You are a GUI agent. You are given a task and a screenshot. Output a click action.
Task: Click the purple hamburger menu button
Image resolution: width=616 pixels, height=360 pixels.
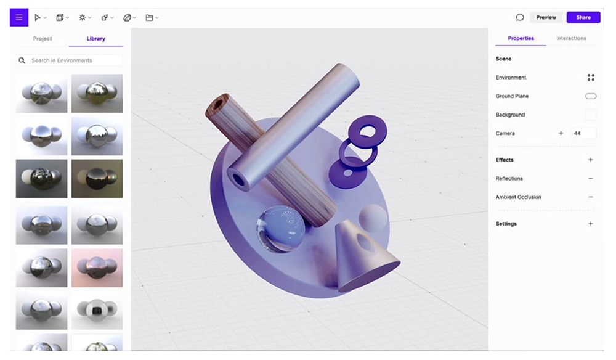(18, 17)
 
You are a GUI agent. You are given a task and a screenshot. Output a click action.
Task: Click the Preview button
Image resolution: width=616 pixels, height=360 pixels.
(546, 17)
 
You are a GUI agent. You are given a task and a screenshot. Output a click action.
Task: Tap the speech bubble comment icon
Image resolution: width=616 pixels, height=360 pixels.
(520, 17)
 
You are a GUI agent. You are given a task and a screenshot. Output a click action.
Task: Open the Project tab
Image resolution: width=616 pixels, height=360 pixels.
(43, 39)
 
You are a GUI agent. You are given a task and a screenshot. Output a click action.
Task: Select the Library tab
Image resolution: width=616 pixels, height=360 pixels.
(95, 39)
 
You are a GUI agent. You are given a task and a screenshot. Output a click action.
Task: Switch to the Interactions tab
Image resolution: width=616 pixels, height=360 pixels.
(571, 38)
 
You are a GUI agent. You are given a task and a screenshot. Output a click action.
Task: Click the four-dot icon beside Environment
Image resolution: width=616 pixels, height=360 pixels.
(591, 78)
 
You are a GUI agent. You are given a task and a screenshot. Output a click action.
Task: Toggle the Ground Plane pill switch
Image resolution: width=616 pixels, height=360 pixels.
(591, 96)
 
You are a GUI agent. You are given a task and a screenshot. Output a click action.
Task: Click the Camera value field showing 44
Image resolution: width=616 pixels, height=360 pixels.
(583, 133)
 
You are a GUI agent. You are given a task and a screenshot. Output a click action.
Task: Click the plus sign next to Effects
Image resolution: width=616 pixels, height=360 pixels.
(591, 160)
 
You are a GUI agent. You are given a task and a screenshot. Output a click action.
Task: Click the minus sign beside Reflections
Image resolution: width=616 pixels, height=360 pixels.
(591, 179)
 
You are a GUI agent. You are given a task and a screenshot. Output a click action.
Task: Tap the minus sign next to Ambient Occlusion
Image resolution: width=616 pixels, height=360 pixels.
(591, 197)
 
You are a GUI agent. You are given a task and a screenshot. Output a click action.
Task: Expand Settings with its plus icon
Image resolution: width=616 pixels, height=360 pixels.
(591, 224)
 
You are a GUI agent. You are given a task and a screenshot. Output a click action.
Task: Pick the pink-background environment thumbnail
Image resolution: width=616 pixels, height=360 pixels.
(97, 268)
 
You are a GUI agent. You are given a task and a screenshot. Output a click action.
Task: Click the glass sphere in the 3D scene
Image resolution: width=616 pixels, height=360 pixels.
(280, 228)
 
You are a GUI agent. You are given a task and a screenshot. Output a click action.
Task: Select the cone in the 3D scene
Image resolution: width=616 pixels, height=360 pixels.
(363, 256)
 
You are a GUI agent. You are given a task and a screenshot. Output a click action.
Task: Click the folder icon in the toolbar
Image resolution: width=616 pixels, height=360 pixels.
(149, 18)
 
